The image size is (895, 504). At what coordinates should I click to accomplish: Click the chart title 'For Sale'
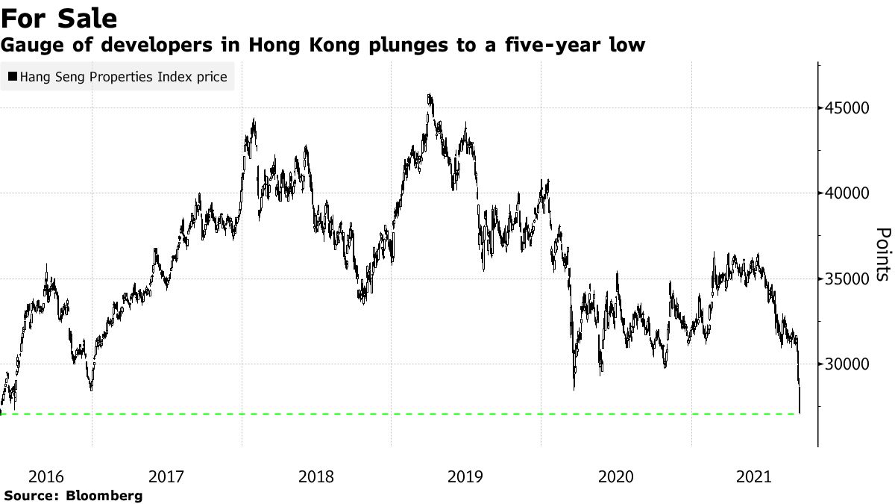[60, 17]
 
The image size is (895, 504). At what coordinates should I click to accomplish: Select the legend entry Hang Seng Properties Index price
[124, 76]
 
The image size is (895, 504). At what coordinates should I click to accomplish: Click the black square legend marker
[13, 76]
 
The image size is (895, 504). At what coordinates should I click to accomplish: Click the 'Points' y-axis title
[882, 255]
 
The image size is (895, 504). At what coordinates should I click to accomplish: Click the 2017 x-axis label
[167, 476]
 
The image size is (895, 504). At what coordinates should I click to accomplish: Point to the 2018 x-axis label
[316, 476]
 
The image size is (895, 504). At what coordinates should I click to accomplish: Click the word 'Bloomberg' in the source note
[104, 495]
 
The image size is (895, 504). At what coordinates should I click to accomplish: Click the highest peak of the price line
[430, 95]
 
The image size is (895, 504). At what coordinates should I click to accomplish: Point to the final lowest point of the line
[800, 412]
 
